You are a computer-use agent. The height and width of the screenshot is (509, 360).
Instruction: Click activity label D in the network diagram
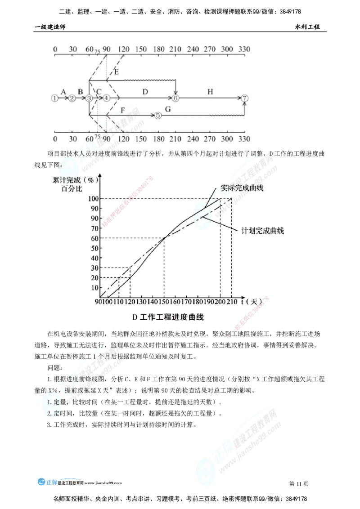[x=144, y=92]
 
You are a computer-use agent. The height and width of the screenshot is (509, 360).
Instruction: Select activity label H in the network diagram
[x=210, y=92]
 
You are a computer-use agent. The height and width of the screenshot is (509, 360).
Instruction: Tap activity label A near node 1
[x=64, y=92]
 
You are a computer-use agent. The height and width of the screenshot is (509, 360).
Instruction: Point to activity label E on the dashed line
[x=117, y=72]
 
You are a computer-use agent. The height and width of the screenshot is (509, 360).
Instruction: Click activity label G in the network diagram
[x=168, y=109]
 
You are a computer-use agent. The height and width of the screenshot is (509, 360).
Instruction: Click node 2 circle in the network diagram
[x=71, y=98]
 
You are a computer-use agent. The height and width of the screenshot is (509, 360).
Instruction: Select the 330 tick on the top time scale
[x=244, y=49]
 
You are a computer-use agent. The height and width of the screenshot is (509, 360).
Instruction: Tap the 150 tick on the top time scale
[x=141, y=49]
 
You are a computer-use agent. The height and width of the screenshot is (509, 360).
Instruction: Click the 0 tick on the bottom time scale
[x=55, y=138]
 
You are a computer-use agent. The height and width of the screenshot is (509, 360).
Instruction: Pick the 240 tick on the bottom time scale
[x=193, y=138]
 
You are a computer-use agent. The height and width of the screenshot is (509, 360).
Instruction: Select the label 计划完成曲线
[x=262, y=231]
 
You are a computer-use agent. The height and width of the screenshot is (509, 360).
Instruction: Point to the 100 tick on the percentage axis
[x=94, y=198]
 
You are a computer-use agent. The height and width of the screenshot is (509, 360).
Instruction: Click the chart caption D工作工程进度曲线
[x=167, y=317]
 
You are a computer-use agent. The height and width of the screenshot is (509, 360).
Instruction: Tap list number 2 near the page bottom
[x=49, y=413]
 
